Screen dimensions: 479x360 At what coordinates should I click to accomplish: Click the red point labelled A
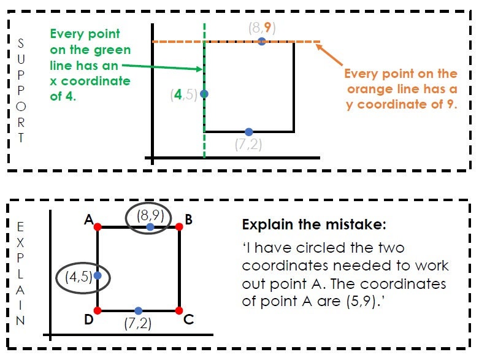[x=98, y=227]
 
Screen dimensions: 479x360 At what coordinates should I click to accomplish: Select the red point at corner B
[x=179, y=227]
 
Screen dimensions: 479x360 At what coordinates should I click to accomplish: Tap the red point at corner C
[x=179, y=310]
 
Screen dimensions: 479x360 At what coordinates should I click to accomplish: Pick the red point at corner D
[x=98, y=310]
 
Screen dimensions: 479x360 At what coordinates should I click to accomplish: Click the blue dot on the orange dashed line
[x=262, y=41]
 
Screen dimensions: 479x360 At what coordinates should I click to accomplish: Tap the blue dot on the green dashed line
[x=204, y=94]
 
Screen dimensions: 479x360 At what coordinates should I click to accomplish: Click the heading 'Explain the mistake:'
[x=314, y=225]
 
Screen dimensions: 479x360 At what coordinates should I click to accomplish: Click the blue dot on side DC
[x=138, y=310]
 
